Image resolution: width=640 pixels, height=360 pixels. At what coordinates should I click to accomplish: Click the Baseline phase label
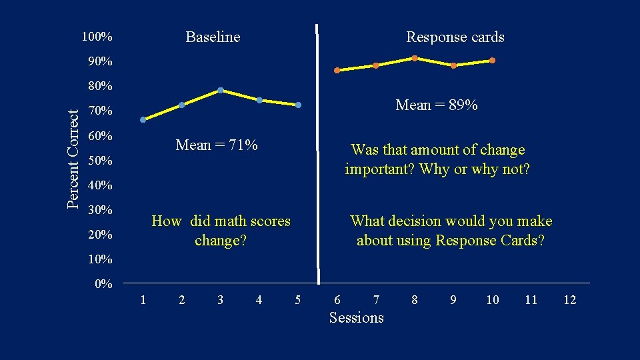pyautogui.click(x=213, y=37)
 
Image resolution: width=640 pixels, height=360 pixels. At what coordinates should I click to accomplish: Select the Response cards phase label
pyautogui.click(x=455, y=37)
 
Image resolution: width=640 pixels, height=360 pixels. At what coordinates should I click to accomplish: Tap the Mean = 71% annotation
pyautogui.click(x=217, y=145)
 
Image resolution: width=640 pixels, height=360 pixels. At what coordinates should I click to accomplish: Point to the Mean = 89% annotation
pyautogui.click(x=436, y=105)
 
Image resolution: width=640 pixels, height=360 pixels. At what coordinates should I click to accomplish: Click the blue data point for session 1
pyautogui.click(x=143, y=120)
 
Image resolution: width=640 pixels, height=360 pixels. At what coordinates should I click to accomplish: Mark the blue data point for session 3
pyautogui.click(x=220, y=90)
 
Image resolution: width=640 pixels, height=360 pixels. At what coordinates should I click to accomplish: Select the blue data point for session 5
pyautogui.click(x=299, y=105)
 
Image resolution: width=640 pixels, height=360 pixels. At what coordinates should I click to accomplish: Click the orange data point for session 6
pyautogui.click(x=337, y=70)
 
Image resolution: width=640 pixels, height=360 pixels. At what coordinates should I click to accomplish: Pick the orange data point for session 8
pyautogui.click(x=414, y=58)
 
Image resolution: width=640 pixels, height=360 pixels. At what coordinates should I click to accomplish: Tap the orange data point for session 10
pyautogui.click(x=492, y=61)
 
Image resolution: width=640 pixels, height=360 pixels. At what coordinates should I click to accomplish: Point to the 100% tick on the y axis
pyautogui.click(x=97, y=37)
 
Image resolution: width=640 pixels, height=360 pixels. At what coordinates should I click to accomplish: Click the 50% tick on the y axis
pyautogui.click(x=100, y=161)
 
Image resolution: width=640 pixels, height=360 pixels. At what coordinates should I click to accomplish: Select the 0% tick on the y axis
pyautogui.click(x=103, y=285)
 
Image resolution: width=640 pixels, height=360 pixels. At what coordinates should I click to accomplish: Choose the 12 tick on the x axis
pyautogui.click(x=569, y=300)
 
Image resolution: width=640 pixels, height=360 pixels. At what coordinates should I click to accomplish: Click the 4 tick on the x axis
pyautogui.click(x=259, y=300)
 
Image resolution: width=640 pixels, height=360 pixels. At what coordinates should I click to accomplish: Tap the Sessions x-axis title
pyautogui.click(x=357, y=317)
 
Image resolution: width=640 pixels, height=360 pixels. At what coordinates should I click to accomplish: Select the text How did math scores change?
pyautogui.click(x=221, y=230)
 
